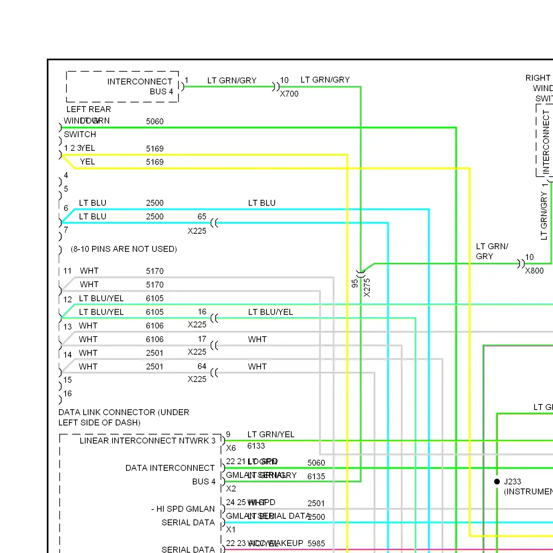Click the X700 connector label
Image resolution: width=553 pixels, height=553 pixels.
(x=289, y=94)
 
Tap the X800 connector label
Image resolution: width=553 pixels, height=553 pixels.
(x=534, y=271)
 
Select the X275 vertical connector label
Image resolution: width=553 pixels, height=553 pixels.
(x=367, y=288)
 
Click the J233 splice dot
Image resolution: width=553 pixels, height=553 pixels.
(x=497, y=481)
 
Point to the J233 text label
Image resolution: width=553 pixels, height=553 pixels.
(x=512, y=481)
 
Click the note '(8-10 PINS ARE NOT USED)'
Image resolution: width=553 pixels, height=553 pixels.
(x=124, y=249)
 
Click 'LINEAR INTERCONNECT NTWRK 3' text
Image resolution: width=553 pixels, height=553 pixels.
(x=147, y=441)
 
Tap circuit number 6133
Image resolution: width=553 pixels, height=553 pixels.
(x=256, y=446)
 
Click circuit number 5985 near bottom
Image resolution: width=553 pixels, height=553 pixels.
(x=316, y=543)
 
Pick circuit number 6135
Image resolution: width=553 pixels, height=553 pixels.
(x=316, y=476)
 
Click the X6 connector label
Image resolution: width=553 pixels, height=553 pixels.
(x=231, y=448)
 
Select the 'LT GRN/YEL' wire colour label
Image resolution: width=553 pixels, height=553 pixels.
(x=271, y=434)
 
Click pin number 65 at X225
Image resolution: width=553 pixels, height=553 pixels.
(x=202, y=216)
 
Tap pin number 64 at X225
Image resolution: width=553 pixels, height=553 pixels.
(x=202, y=366)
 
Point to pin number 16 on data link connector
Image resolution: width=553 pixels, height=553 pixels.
(x=67, y=393)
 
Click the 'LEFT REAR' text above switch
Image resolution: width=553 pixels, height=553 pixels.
(x=88, y=109)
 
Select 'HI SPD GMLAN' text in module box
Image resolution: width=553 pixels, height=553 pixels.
(x=185, y=509)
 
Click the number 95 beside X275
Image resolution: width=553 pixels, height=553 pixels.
(x=355, y=283)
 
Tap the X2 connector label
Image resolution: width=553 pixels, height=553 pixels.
(x=231, y=488)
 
